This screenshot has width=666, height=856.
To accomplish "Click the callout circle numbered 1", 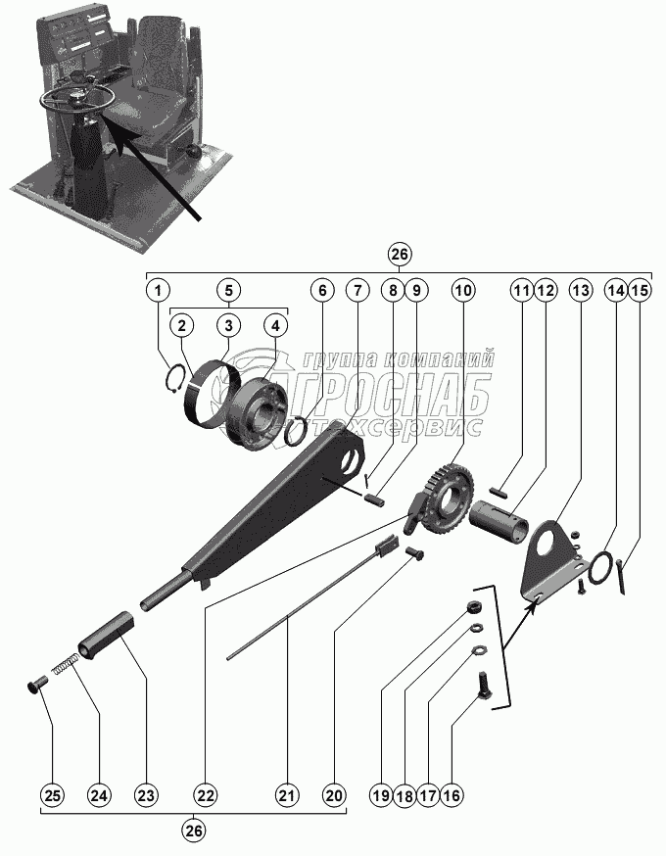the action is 160,290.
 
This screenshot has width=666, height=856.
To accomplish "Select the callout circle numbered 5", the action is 227,290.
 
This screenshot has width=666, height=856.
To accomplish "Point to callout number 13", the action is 581,290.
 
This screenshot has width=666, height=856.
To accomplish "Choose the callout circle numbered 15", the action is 640,290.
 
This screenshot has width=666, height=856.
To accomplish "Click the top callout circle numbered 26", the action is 399,254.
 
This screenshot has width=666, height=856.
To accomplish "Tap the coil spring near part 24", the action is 64,665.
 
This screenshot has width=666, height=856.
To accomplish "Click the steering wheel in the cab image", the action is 77,95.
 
